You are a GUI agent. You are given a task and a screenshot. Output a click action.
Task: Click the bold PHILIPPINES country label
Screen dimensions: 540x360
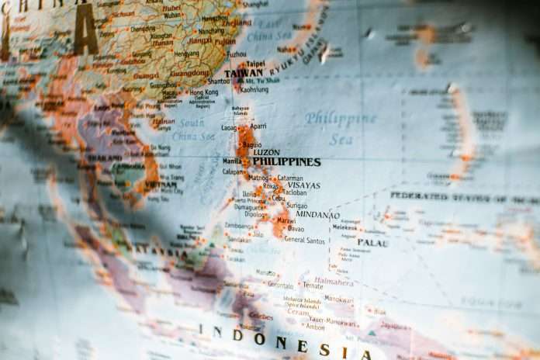286,162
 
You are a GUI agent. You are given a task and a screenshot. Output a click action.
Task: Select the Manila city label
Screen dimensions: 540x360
231,161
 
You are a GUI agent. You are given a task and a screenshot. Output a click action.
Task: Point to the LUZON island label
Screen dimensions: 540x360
266,152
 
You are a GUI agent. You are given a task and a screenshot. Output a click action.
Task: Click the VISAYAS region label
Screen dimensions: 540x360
303,185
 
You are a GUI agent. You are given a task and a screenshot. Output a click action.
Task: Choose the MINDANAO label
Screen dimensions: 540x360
317,215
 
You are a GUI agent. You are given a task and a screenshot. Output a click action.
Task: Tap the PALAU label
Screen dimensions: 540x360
372,243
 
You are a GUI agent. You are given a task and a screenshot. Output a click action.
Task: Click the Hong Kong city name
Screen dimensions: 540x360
204,92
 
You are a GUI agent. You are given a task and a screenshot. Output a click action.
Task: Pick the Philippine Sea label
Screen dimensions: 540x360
340,129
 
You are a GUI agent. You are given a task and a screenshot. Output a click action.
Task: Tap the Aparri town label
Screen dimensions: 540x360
258,126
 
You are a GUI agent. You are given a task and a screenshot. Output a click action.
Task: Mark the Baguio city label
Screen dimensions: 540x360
251,144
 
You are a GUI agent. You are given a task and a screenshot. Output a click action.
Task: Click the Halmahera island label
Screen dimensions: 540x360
333,282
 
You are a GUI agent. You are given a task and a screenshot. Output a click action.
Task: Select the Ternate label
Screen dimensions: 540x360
313,286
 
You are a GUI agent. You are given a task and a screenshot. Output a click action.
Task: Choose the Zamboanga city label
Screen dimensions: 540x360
238,225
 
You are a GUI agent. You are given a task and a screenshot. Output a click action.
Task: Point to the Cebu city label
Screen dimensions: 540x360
279,198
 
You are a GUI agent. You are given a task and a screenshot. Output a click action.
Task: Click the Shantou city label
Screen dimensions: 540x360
219,81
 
